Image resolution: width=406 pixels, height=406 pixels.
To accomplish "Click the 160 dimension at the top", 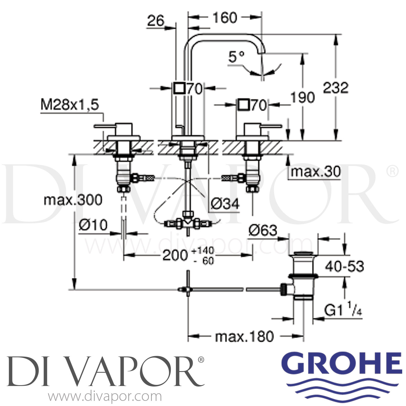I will [225, 18].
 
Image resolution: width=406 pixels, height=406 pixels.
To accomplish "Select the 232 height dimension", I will [336, 88].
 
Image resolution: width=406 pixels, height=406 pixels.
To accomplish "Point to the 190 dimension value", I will [303, 97].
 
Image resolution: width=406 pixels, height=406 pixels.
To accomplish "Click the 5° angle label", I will [236, 57].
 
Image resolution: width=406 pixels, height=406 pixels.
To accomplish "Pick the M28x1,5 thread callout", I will [70, 105].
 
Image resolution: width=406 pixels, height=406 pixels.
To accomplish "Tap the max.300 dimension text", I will [73, 200].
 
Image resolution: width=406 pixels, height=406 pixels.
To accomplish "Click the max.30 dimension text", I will [316, 172].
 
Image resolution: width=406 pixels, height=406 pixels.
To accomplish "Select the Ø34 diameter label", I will [225, 204].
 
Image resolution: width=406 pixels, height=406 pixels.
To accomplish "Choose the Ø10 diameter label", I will [93, 225].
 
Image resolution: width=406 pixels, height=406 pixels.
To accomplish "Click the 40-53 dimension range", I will [345, 267].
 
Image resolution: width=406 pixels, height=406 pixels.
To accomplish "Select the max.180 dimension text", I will [244, 337].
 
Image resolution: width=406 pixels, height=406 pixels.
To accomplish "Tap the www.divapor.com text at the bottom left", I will [105, 397].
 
